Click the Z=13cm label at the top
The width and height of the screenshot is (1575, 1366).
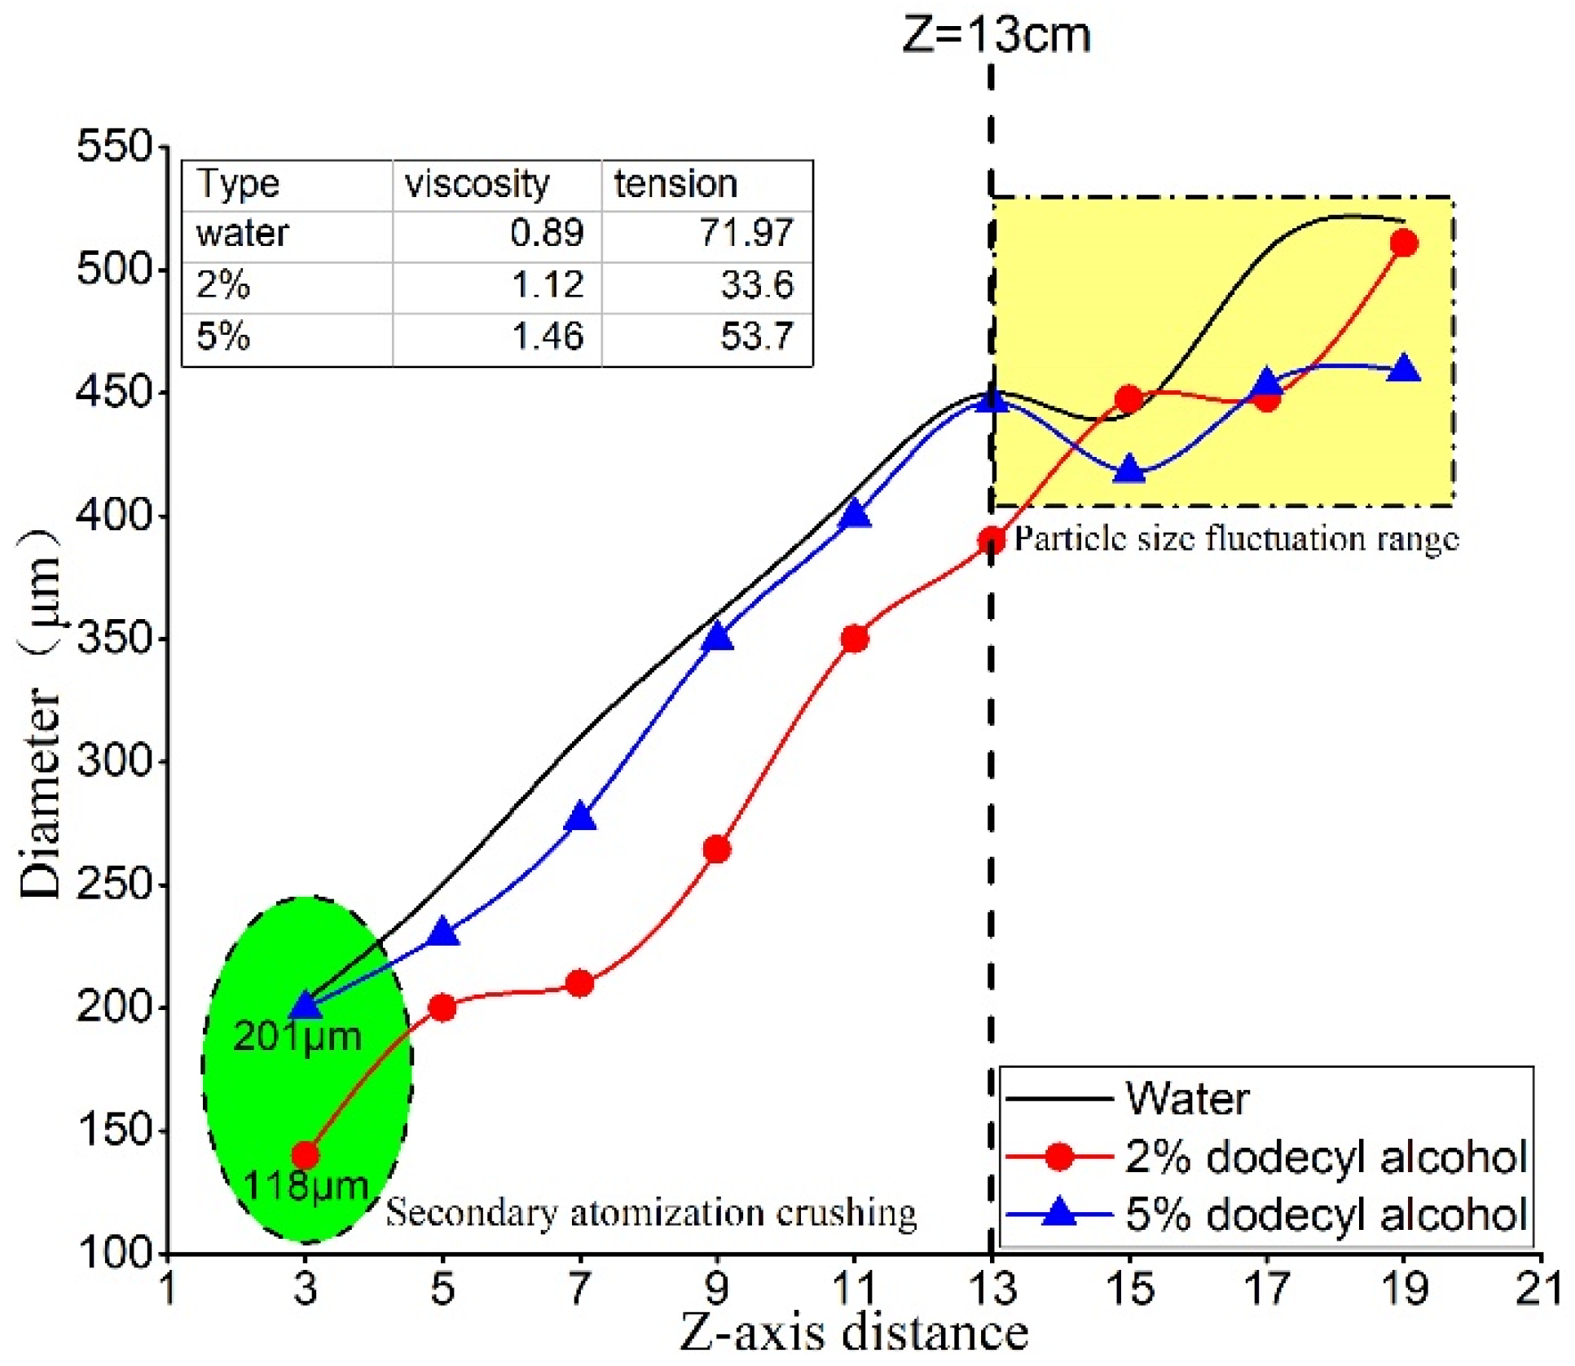click(996, 36)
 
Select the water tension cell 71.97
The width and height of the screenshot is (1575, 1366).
click(746, 234)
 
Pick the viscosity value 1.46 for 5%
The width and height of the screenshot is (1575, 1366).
click(548, 336)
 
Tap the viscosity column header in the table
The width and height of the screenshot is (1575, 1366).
click(477, 184)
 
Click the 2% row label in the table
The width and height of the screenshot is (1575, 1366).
click(222, 285)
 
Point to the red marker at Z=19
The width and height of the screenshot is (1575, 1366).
click(1403, 244)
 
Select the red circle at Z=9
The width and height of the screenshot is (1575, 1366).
click(716, 850)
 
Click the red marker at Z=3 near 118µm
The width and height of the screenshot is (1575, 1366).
click(305, 1154)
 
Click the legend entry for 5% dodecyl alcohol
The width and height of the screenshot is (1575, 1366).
click(1324, 1214)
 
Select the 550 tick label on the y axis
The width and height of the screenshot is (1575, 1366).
click(114, 147)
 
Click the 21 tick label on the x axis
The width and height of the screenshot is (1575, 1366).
click(1539, 1289)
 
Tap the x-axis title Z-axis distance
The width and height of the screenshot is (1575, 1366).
click(853, 1333)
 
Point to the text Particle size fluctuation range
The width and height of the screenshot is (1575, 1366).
click(1235, 539)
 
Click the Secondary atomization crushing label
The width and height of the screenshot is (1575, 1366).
click(650, 1213)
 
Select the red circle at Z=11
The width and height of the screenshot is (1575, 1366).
click(854, 639)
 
